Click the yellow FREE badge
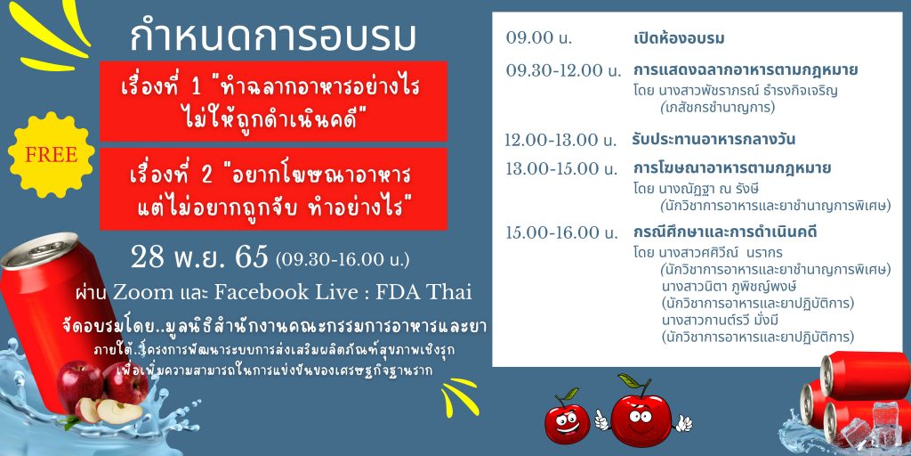click(x=51, y=154)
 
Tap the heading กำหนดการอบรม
click(x=273, y=37)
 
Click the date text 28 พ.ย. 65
click(x=200, y=256)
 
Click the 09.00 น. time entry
click(x=539, y=38)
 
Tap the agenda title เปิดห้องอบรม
click(x=679, y=38)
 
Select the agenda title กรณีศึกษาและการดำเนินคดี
click(x=726, y=232)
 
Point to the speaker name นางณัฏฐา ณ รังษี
click(x=710, y=190)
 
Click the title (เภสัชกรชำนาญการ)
click(x=718, y=108)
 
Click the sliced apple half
click(x=119, y=411)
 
